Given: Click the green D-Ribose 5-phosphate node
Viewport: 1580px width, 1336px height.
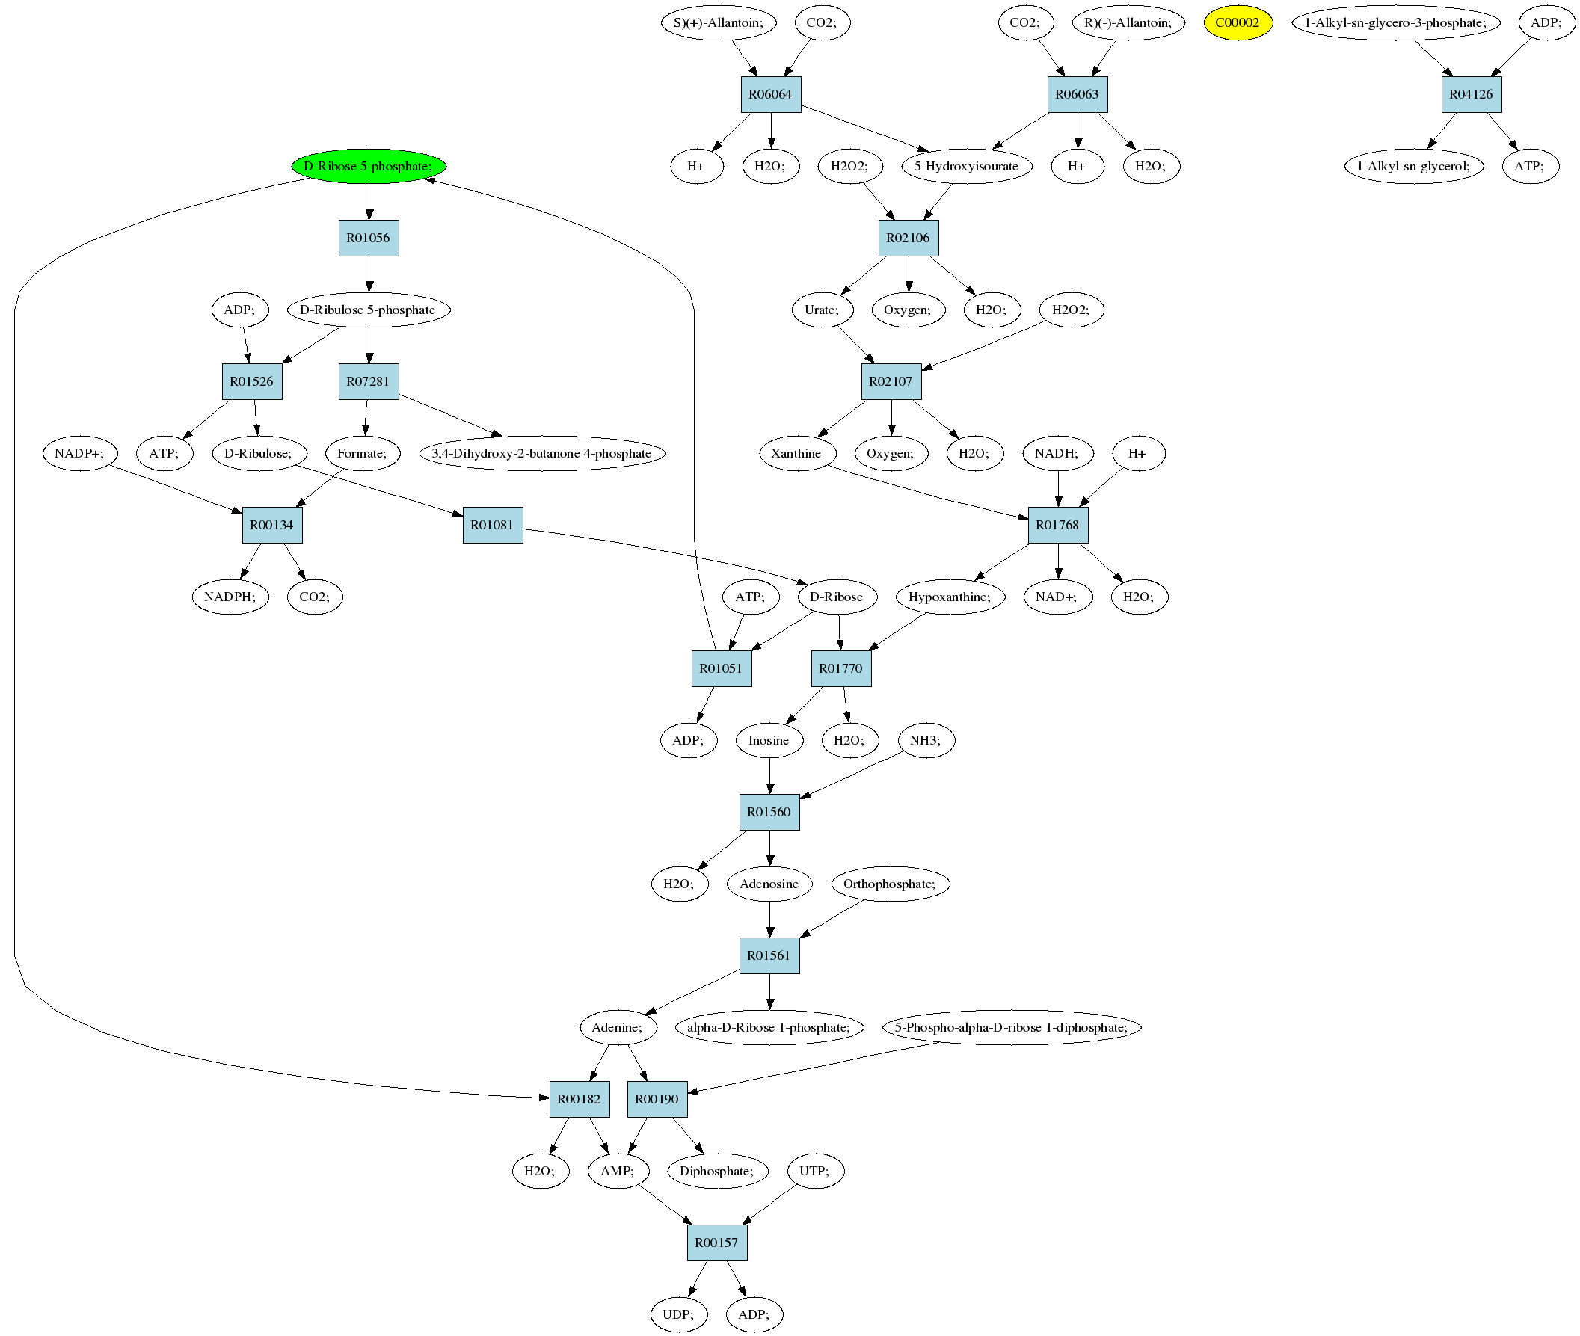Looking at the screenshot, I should click(x=368, y=166).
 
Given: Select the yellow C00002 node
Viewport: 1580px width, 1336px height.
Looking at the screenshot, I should click(x=1237, y=22).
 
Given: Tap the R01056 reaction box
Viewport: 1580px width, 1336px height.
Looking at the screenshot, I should click(x=368, y=238).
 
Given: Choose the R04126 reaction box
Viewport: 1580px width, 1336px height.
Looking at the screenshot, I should click(x=1470, y=95).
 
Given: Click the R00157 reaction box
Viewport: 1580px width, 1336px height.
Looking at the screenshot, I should click(x=716, y=1243).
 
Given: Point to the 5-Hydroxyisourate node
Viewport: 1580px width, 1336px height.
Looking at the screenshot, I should click(x=966, y=166).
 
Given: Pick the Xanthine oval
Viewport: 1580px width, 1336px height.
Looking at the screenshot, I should click(x=796, y=453).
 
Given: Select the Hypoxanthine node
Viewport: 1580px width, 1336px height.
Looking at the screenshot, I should click(x=950, y=597).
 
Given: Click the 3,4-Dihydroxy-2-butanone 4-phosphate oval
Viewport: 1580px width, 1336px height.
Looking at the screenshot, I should click(x=541, y=453).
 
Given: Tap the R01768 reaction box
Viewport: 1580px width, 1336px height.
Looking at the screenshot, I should click(x=1057, y=525).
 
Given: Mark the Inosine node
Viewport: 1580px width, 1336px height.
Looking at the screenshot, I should click(x=769, y=740).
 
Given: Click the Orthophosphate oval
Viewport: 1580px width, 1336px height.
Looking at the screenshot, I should click(x=889, y=884).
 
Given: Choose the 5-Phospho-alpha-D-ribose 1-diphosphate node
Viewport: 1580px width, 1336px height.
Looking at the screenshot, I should click(x=1011, y=1027).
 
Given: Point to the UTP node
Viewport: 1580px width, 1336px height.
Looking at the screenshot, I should click(x=814, y=1171).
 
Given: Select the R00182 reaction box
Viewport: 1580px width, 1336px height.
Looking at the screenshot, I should click(x=580, y=1099).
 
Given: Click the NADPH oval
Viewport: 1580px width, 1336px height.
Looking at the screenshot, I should click(x=230, y=597).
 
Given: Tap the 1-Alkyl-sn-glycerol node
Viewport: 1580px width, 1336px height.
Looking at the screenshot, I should click(x=1413, y=166).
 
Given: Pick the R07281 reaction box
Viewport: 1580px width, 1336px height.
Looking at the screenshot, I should click(x=368, y=382).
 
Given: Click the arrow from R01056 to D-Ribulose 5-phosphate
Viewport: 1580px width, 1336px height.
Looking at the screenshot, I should click(x=369, y=274).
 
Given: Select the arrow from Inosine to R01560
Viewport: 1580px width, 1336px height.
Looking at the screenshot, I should click(x=769, y=775).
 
